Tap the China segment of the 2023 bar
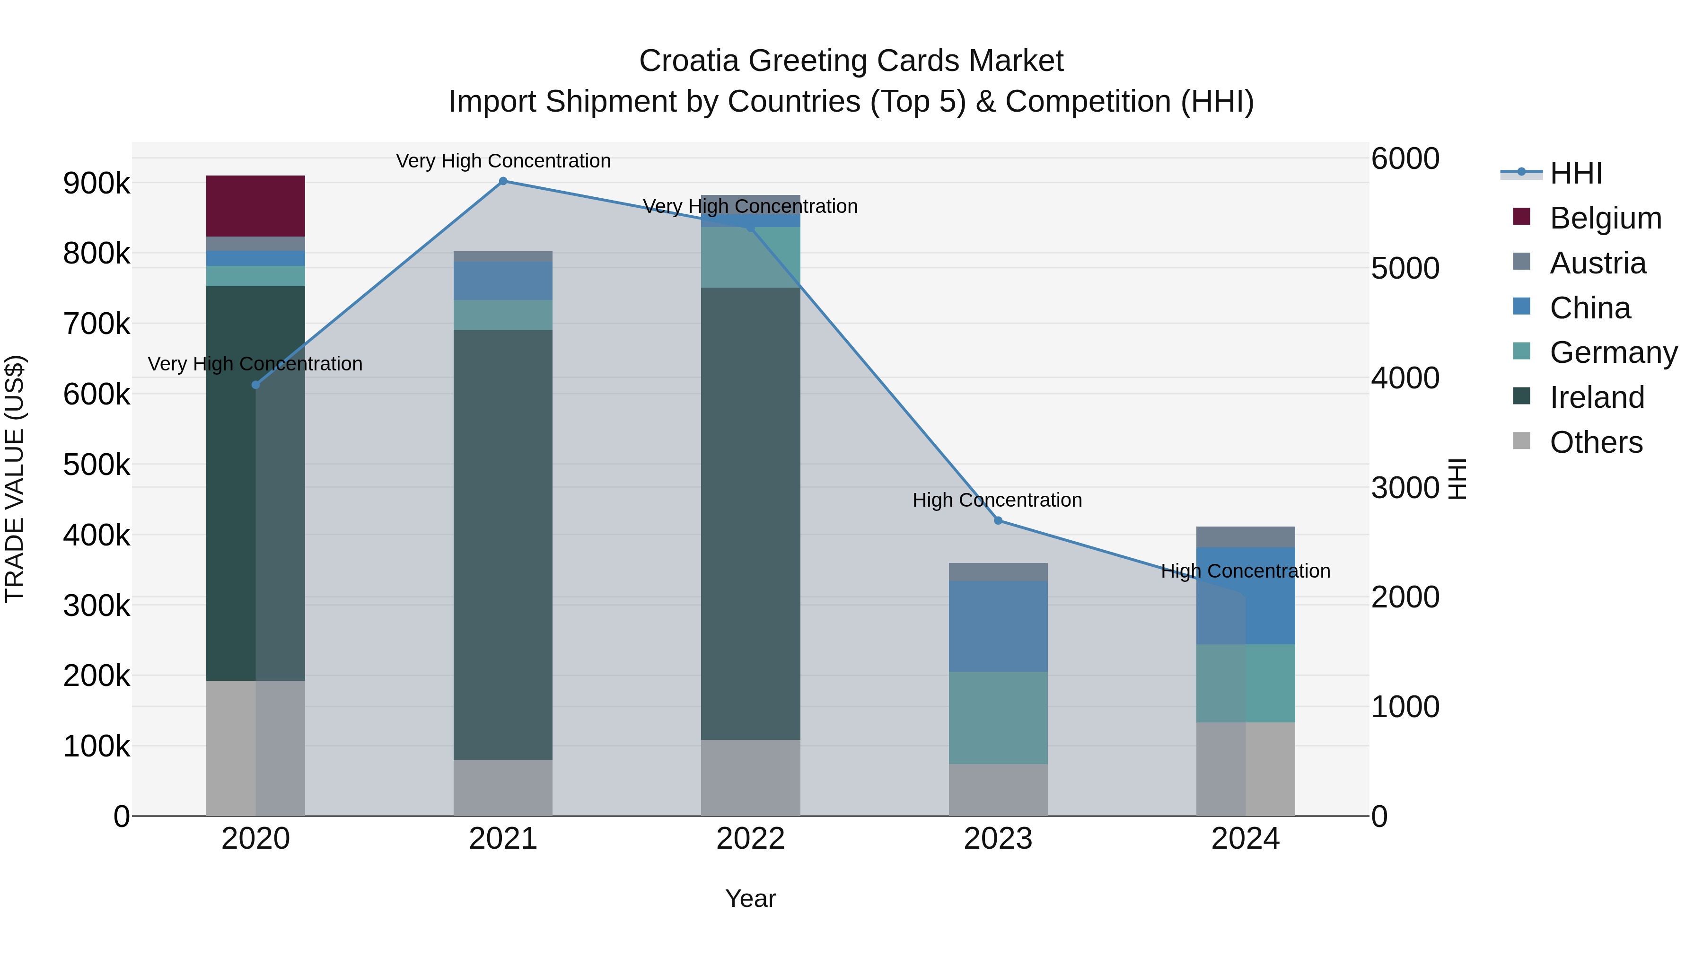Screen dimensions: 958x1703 point(998,625)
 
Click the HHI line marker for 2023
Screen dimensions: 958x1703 point(998,520)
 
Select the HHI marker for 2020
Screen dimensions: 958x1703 point(256,385)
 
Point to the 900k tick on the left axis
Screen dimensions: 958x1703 point(97,183)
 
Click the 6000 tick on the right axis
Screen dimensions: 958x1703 point(1405,158)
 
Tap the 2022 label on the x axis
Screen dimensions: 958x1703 point(750,839)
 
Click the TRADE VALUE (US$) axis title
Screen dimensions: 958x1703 point(15,479)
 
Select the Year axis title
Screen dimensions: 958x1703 point(750,898)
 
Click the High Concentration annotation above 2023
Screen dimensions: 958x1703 point(997,500)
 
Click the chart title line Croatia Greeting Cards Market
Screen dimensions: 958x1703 point(851,61)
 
